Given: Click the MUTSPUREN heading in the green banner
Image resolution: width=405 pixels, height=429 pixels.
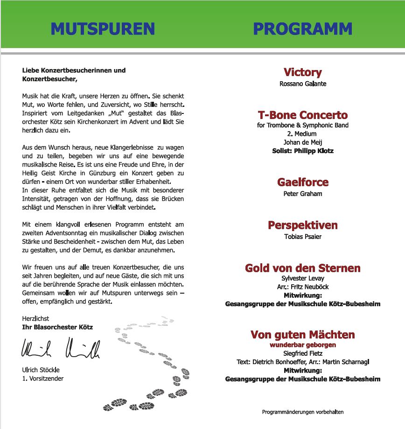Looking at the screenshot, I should tap(103, 28).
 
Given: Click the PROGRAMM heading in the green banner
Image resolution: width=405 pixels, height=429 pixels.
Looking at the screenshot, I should tap(302, 28).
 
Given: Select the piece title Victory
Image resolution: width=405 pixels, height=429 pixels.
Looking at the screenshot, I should tap(302, 72).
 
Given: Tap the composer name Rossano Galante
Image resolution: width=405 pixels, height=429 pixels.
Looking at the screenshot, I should tap(302, 84).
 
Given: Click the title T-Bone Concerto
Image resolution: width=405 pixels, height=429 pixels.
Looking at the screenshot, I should tap(302, 115).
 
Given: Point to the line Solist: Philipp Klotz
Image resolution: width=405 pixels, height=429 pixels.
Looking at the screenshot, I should tap(302, 151).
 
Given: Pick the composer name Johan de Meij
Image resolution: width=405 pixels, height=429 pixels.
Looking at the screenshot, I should tap(302, 142).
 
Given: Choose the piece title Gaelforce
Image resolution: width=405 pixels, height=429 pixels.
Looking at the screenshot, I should tap(302, 182).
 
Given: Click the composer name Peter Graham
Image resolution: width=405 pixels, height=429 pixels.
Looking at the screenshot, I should tap(302, 194).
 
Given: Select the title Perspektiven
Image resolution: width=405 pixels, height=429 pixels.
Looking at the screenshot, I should tap(302, 225).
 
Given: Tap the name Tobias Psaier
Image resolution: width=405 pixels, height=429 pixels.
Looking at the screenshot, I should tap(302, 237).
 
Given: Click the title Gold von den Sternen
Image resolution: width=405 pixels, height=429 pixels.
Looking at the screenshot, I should tap(302, 268).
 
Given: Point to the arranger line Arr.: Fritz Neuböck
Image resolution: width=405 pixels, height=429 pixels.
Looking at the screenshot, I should tap(302, 287).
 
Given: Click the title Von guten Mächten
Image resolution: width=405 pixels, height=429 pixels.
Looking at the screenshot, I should tap(302, 334).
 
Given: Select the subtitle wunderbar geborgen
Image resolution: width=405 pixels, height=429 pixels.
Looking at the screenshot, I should tap(302, 345).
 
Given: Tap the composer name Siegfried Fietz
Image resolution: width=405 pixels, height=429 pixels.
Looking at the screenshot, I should tap(302, 353).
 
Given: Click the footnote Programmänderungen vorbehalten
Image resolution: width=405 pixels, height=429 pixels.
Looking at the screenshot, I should tap(302, 412).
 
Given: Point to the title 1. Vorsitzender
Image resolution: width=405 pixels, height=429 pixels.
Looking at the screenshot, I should tap(42, 379).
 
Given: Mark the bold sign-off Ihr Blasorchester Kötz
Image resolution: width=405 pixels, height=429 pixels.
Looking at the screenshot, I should tap(57, 327).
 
